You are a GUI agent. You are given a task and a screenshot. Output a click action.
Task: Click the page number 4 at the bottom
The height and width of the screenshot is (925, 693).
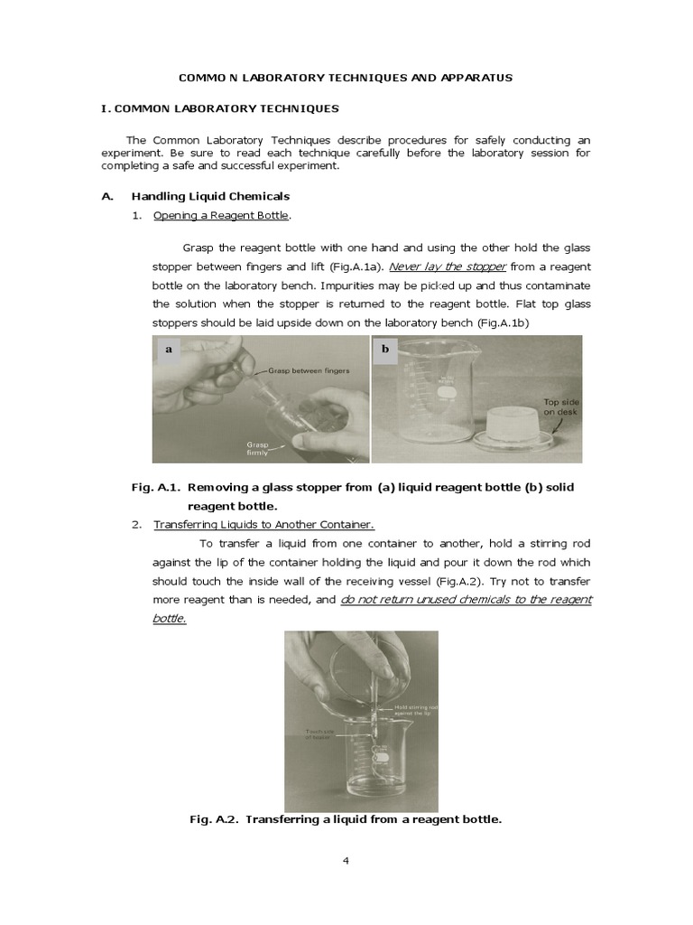tap(346, 860)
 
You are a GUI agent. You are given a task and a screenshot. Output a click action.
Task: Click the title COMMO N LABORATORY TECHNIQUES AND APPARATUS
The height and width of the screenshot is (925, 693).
tap(346, 78)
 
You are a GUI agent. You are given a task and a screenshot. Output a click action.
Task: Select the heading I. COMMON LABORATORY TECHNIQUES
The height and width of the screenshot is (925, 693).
tap(220, 108)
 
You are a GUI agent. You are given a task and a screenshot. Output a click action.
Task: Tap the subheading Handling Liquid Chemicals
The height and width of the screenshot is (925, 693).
tap(210, 196)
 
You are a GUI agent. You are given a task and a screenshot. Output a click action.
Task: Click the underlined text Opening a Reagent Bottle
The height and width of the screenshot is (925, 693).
tap(222, 216)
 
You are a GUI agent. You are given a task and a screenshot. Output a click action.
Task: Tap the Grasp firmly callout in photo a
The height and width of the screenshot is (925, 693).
tap(258, 448)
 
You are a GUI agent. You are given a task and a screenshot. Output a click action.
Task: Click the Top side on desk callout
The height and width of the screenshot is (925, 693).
tap(559, 407)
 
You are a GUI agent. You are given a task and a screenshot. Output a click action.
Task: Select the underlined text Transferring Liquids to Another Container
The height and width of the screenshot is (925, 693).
tap(263, 525)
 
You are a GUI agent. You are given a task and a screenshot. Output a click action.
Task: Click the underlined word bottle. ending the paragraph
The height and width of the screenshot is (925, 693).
tap(169, 619)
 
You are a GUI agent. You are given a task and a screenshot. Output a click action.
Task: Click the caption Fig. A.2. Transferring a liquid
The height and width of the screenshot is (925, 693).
tap(346, 819)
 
